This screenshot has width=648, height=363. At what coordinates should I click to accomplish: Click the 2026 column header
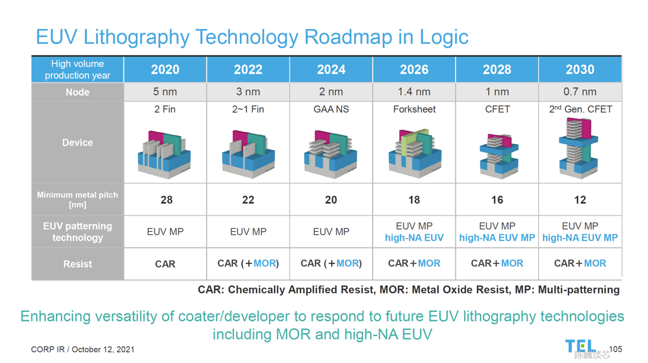click(414, 70)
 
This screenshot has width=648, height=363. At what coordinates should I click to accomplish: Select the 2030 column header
click(580, 70)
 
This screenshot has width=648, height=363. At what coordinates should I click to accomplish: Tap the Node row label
click(77, 92)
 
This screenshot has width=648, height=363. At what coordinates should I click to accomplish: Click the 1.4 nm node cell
click(414, 91)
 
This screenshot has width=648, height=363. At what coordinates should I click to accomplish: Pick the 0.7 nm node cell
click(580, 91)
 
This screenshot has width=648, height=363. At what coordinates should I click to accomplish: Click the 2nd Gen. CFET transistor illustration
click(579, 148)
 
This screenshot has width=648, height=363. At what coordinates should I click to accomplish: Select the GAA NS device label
click(331, 109)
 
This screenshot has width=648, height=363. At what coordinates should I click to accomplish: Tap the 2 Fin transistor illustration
click(164, 154)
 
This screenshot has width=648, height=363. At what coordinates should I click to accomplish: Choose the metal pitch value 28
click(166, 200)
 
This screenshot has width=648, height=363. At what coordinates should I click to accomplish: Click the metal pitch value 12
click(580, 200)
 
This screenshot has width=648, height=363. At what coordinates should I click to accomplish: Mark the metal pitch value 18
click(414, 200)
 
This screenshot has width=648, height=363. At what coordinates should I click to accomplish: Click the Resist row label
click(77, 264)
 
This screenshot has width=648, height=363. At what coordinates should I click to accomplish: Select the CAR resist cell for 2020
click(165, 264)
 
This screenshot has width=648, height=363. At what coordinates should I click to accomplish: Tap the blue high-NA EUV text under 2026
click(414, 238)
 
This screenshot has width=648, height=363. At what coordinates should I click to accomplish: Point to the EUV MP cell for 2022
click(248, 231)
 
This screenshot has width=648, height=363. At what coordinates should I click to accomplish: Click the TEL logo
click(580, 346)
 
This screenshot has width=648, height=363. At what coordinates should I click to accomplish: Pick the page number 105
click(615, 349)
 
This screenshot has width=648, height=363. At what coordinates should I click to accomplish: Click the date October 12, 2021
click(103, 350)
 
